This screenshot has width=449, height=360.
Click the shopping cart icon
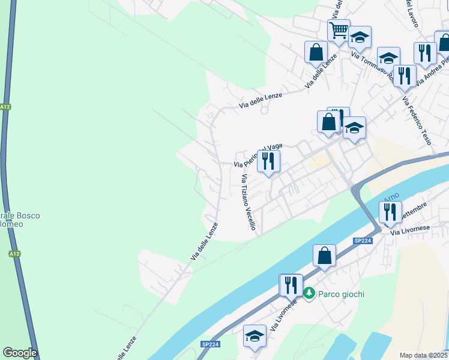(339, 30)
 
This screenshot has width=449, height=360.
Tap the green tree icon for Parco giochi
(309, 293)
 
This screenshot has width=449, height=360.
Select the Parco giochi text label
(340, 294)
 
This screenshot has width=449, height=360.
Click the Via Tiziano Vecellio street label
(249, 202)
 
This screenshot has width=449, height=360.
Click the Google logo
(20, 353)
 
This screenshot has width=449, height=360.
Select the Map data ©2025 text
(424, 355)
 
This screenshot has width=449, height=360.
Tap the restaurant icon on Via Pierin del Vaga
(268, 161)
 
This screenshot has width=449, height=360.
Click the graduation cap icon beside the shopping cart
(360, 37)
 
